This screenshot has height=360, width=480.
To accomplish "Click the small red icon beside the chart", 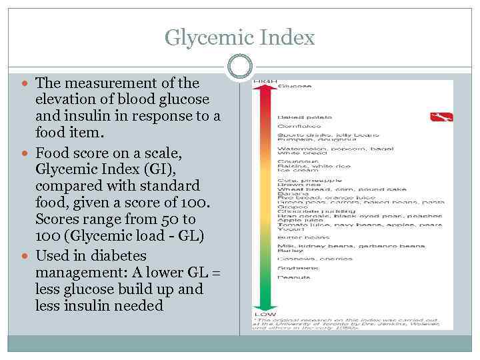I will coord(441,117).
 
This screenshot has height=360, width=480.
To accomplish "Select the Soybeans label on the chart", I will coord(295,268).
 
